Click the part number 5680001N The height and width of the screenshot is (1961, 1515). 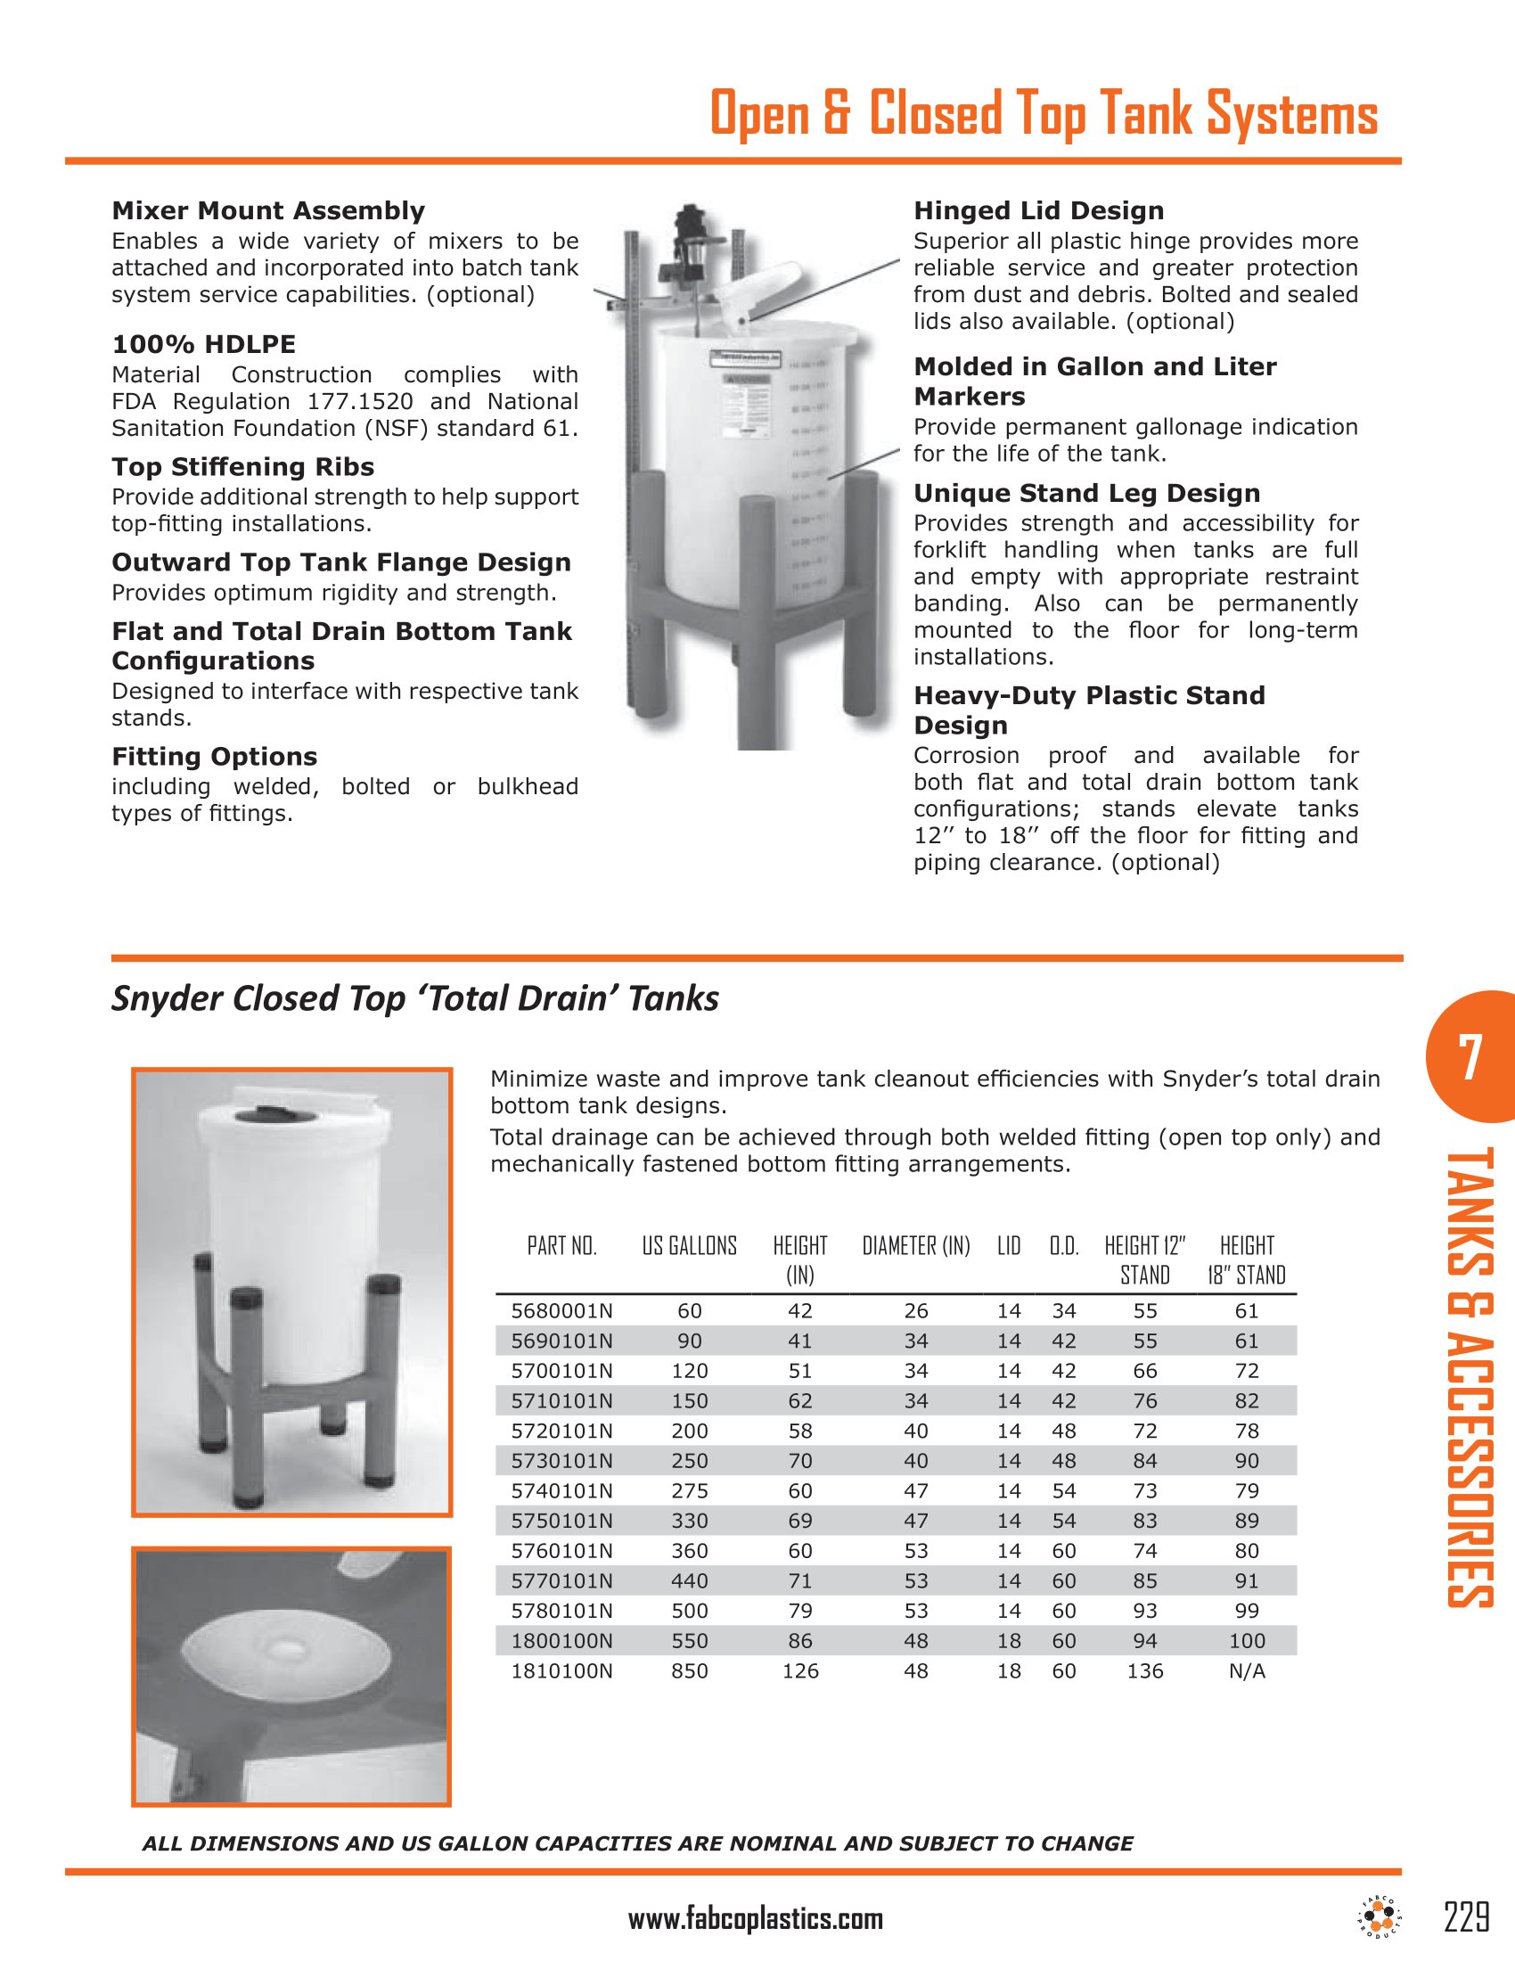point(561,1311)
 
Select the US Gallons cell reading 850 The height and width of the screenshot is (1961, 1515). point(689,1671)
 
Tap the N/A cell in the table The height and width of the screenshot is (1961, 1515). point(1247,1671)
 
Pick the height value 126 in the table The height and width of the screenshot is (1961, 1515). point(799,1671)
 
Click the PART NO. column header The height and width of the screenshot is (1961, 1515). point(561,1245)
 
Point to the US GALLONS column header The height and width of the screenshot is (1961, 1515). point(689,1245)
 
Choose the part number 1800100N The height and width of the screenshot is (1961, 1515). point(561,1640)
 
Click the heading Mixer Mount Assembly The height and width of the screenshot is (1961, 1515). point(267,211)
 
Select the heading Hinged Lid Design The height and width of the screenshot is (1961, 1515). point(1038,211)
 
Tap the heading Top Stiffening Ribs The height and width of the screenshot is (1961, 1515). point(242,467)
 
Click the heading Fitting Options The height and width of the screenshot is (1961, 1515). point(214,756)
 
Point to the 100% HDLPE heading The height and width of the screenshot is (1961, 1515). point(203,344)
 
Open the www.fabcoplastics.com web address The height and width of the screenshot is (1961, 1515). point(756,1920)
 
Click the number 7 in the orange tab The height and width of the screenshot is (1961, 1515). point(1470,1058)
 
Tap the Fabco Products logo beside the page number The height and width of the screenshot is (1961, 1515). point(1381,1918)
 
